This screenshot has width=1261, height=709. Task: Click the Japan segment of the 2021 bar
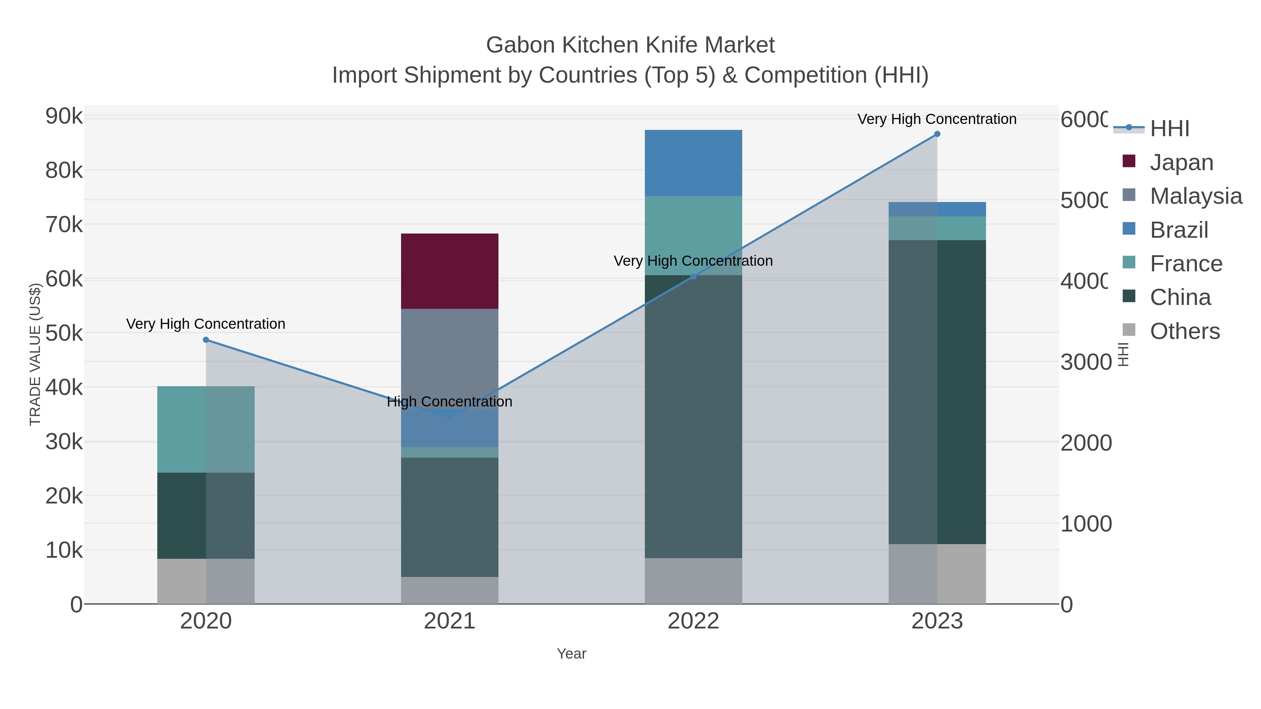tap(449, 271)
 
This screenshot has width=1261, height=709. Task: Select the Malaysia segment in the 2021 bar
tap(449, 352)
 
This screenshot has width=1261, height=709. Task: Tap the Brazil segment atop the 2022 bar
tap(693, 163)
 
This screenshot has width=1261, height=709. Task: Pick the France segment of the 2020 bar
tap(206, 429)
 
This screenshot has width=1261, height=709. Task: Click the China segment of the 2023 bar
tap(937, 391)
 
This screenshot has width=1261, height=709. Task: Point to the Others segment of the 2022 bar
tap(693, 581)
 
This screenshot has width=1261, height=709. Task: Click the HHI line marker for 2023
tap(937, 134)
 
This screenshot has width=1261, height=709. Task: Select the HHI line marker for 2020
tap(206, 340)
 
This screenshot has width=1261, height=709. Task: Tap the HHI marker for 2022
tap(693, 277)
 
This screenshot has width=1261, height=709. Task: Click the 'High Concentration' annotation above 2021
tap(449, 402)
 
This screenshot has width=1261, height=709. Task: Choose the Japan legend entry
tap(1181, 162)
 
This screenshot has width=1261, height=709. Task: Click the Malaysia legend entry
tap(1195, 196)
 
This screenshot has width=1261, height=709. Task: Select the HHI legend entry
tap(1170, 129)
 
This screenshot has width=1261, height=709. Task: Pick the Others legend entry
tap(1185, 331)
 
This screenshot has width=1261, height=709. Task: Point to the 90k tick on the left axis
tap(64, 117)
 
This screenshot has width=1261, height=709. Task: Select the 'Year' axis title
tap(571, 654)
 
